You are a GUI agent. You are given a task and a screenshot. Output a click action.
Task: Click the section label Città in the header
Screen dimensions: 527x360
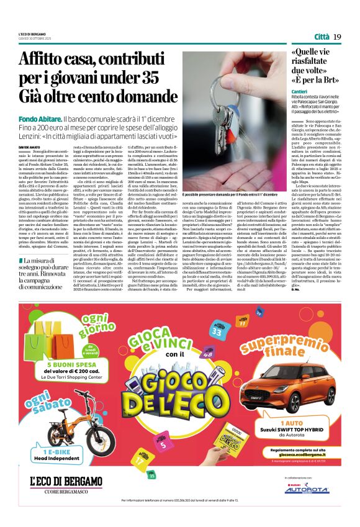tap(321, 37)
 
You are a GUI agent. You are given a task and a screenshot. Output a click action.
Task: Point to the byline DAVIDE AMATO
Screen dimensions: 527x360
tap(30, 146)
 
